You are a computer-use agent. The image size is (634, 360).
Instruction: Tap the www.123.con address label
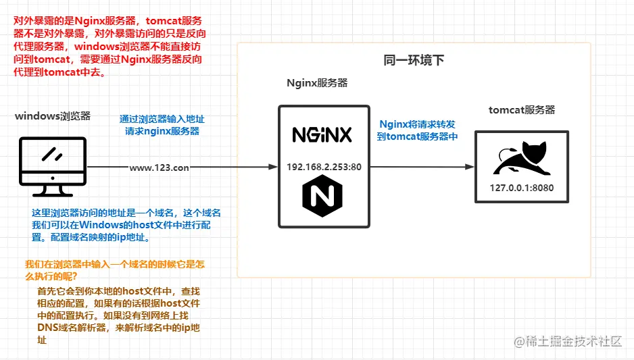160,168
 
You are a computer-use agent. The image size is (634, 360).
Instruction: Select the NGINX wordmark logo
322,134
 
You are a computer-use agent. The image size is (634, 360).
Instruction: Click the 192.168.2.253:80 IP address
324,167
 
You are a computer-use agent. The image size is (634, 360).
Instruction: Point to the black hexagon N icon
322,197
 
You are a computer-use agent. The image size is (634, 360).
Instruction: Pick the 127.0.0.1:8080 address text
522,188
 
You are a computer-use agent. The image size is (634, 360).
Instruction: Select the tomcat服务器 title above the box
522,109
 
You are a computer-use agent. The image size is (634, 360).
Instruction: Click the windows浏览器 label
53,116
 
